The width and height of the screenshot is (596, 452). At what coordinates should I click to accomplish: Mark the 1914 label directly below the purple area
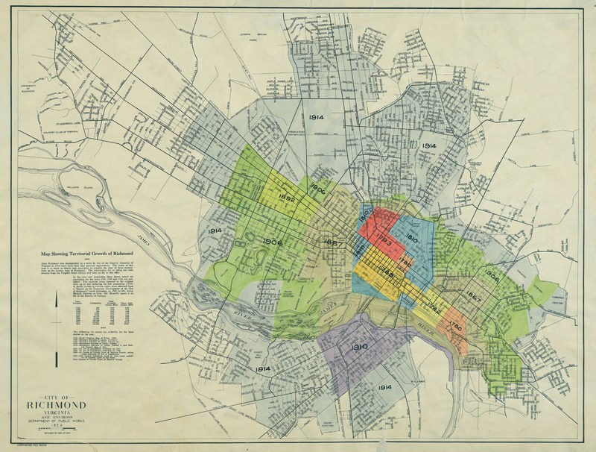(384, 388)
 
